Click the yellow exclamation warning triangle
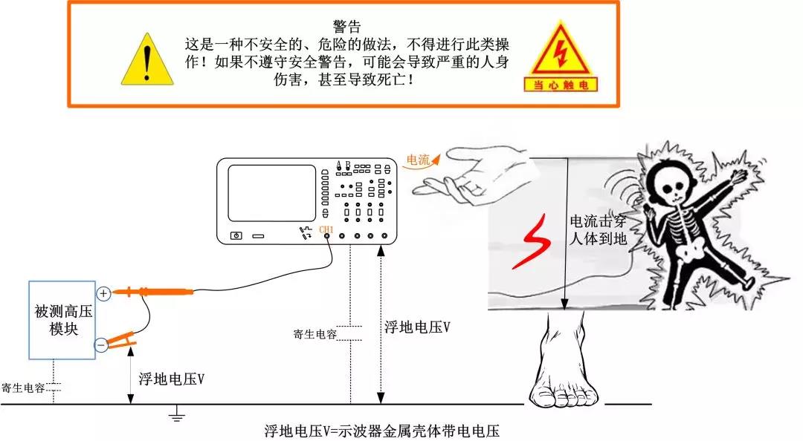tap(147, 60)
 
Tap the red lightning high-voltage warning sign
tap(561, 50)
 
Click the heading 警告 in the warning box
tap(346, 27)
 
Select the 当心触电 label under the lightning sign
tap(561, 85)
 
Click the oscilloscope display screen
tap(271, 193)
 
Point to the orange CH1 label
tap(326, 229)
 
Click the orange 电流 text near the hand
tap(418, 160)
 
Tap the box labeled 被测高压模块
tap(62, 320)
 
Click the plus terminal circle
tap(103, 294)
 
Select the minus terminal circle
tap(101, 344)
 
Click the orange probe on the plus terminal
tap(152, 292)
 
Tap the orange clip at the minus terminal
tap(121, 340)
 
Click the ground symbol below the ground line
tap(177, 414)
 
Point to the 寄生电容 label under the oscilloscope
tap(315, 335)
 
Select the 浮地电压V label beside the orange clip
tap(172, 379)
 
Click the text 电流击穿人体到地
tap(598, 229)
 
